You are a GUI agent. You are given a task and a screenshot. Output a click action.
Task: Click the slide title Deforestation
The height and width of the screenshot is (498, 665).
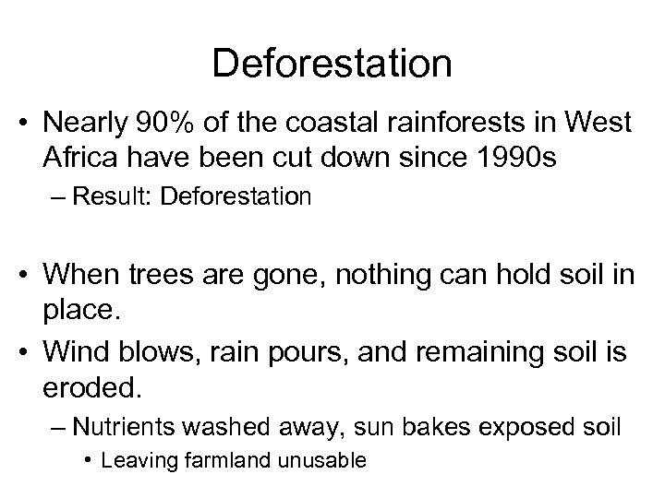332,65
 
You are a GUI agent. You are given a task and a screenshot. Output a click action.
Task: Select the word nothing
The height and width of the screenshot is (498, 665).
351,274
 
